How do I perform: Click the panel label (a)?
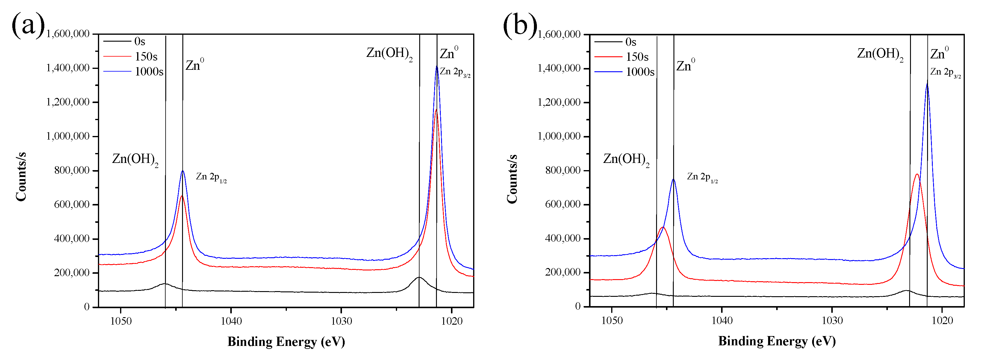[28, 25]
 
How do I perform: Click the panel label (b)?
[520, 25]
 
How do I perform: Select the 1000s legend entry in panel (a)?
[149, 72]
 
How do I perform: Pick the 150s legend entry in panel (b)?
[637, 57]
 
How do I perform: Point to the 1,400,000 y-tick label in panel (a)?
[68, 68]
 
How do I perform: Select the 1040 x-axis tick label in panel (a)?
[231, 321]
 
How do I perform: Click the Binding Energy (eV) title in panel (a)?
[286, 341]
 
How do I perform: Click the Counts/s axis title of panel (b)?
[511, 179]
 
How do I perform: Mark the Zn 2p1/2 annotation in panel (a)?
[211, 177]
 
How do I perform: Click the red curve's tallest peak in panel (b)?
[917, 175]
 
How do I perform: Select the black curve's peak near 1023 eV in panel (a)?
[419, 277]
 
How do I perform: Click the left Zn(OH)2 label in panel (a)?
[135, 160]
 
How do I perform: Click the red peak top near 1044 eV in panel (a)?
[182, 196]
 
